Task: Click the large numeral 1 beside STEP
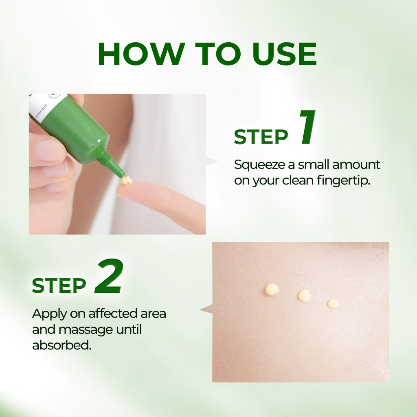[x=308, y=127]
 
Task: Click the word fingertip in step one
[x=344, y=181]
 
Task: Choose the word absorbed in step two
[x=62, y=345]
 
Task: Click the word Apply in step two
[x=50, y=314]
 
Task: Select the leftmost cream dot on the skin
[x=272, y=290]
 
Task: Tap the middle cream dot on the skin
[x=304, y=296]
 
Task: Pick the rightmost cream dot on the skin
[x=333, y=304]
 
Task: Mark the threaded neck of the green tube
[x=103, y=158]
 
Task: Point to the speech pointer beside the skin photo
[x=206, y=309]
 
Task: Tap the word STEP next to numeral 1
[x=261, y=137]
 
